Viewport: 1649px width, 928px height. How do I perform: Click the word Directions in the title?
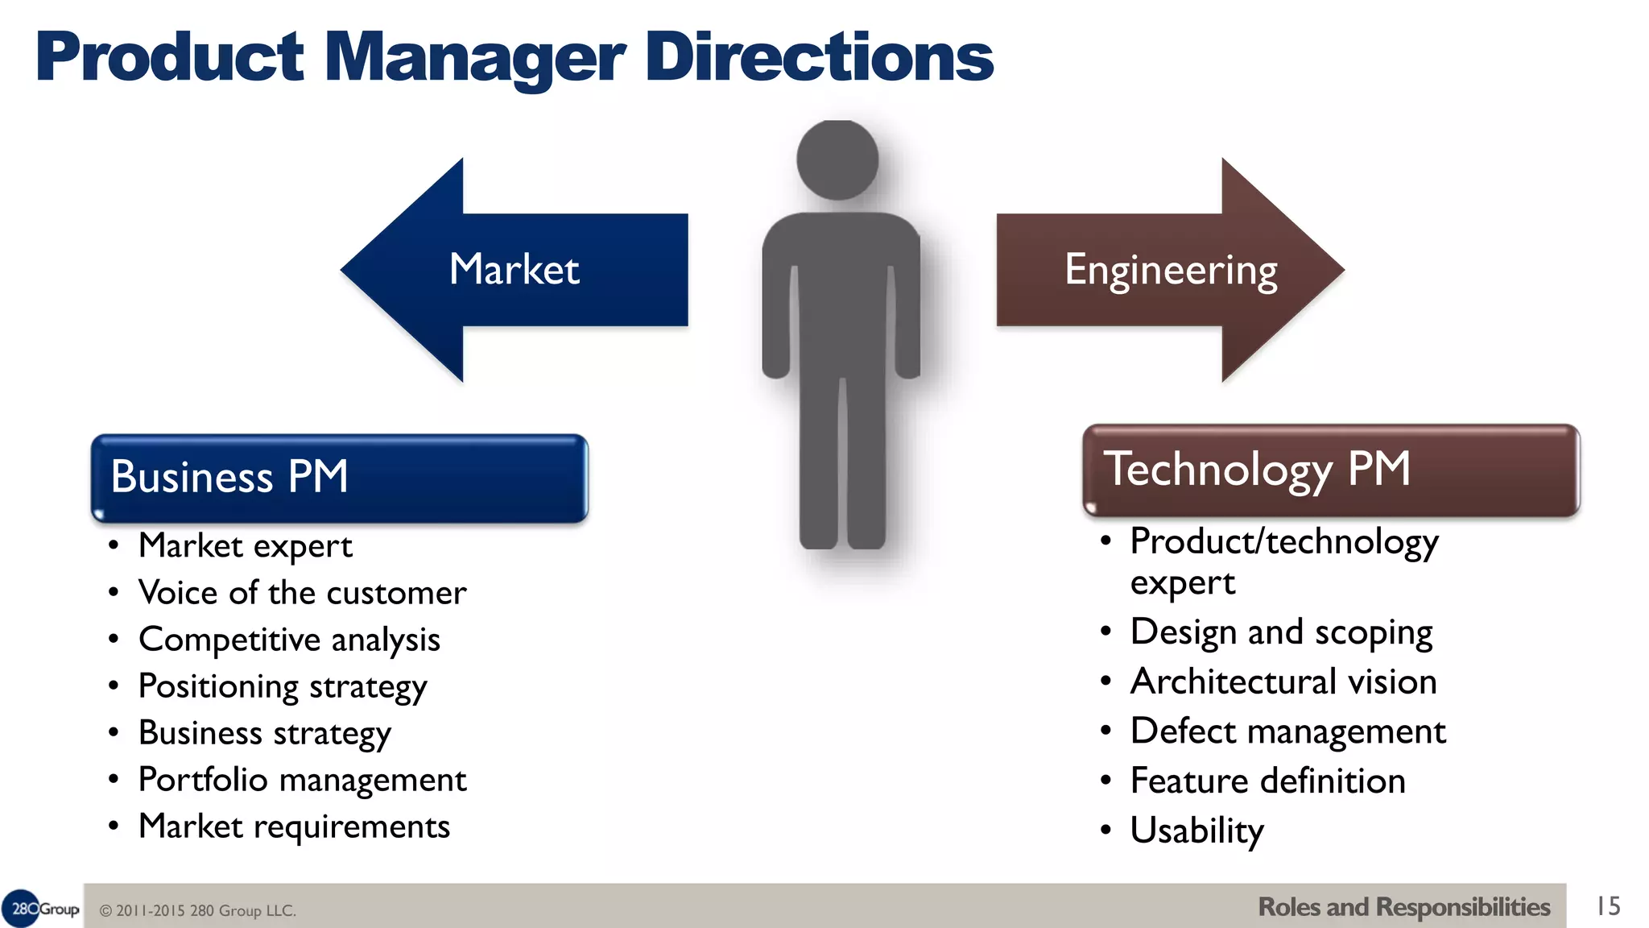tap(819, 58)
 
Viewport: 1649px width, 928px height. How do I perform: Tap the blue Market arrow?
tap(515, 269)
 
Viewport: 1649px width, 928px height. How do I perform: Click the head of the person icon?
tap(837, 159)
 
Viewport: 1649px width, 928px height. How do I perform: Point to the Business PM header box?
tap(339, 477)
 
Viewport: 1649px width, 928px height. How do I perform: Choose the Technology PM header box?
tap(1330, 470)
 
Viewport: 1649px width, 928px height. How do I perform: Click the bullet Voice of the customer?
tap(302, 593)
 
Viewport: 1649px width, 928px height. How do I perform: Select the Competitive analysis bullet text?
tap(289, 640)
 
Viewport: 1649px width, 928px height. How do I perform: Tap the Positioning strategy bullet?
tap(283, 686)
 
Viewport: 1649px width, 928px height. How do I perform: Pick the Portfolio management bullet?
tap(302, 780)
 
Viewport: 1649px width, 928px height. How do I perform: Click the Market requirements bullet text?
tap(294, 826)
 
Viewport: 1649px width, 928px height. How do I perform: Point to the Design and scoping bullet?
tap(1281, 632)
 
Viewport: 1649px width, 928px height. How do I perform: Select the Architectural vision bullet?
tap(1283, 681)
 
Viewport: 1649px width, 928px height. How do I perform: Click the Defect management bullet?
tap(1287, 731)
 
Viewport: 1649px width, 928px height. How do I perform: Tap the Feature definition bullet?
tap(1267, 781)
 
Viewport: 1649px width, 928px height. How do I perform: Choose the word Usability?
tap(1196, 831)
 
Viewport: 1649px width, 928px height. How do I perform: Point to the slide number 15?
tap(1608, 906)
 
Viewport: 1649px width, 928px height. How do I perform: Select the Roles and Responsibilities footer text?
tap(1403, 907)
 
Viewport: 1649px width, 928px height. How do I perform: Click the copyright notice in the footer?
tap(198, 911)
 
